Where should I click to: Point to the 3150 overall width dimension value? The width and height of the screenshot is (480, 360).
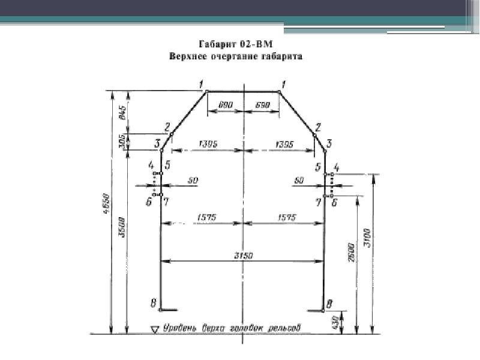click(x=243, y=256)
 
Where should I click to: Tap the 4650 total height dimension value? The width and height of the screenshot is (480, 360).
click(x=107, y=201)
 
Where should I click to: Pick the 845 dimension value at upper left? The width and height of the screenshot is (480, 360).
click(x=122, y=112)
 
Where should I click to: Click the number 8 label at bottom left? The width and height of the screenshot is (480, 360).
click(x=153, y=304)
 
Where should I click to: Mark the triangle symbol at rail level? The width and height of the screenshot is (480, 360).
click(x=155, y=329)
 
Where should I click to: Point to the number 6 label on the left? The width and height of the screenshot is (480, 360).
click(x=148, y=202)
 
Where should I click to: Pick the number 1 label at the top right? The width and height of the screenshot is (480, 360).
click(x=283, y=83)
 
